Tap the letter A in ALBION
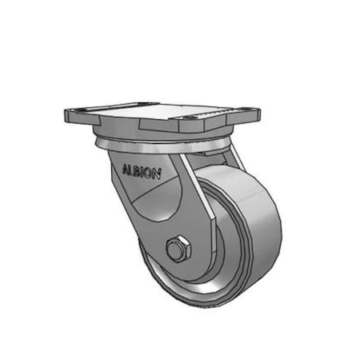[124, 168]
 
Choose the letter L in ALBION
[130, 169]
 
